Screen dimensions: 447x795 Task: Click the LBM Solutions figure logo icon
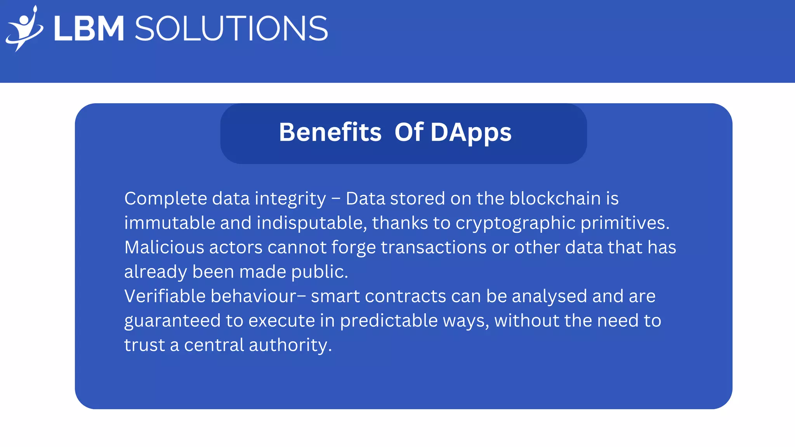[24, 29]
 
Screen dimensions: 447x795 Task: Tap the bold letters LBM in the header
[89, 29]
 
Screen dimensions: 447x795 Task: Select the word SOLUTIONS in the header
[231, 29]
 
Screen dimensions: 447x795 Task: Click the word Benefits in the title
[330, 132]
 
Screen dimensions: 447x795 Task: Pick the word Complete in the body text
[166, 199]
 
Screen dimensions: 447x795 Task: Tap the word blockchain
[555, 198]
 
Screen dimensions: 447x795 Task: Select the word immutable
[170, 223]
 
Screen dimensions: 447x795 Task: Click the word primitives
[625, 223]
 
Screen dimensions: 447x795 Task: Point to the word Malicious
[164, 248]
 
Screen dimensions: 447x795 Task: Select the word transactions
[434, 248]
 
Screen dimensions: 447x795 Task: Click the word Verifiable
[165, 296]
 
